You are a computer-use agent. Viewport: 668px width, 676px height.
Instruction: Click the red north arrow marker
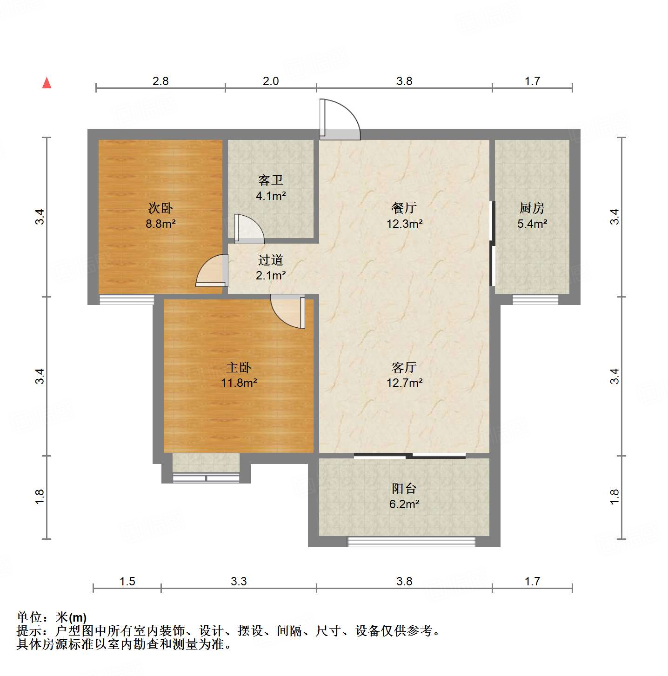(x=47, y=83)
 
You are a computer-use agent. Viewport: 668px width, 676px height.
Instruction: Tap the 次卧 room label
(x=160, y=208)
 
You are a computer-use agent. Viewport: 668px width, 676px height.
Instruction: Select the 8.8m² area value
(x=160, y=224)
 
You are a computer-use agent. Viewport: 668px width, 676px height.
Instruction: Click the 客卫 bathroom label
(x=270, y=180)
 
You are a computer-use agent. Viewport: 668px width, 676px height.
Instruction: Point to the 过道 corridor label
(x=270, y=260)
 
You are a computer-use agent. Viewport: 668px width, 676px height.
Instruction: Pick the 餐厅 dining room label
(x=404, y=208)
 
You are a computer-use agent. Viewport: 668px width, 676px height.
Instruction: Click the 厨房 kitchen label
(x=532, y=208)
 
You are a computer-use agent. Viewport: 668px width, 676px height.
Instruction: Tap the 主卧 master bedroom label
(x=239, y=367)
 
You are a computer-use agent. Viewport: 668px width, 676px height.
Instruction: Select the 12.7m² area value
(x=404, y=383)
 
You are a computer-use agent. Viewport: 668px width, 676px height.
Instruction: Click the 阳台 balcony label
(x=404, y=488)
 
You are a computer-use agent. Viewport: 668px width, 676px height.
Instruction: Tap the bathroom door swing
(x=249, y=229)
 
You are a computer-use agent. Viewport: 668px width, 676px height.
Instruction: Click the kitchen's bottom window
(x=535, y=299)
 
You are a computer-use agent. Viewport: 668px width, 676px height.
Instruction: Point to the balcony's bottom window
(x=412, y=541)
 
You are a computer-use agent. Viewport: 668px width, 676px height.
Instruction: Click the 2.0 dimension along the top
(x=271, y=81)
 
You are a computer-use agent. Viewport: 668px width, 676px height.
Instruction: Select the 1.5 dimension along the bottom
(x=127, y=582)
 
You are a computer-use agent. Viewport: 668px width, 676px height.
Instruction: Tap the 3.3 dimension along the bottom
(x=239, y=582)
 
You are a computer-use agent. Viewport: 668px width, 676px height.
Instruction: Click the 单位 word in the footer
(x=29, y=617)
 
